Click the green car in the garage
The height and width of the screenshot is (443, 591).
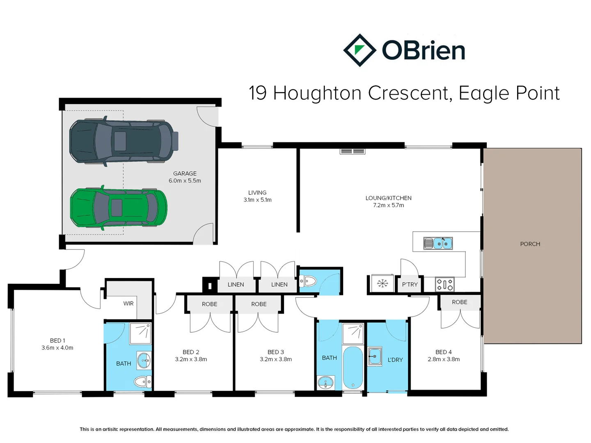point(118,208)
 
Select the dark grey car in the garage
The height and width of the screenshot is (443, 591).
point(123,142)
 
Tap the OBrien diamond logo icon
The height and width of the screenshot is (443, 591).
point(360,50)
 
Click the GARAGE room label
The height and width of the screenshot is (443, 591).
point(185,174)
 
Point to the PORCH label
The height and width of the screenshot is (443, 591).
point(530,244)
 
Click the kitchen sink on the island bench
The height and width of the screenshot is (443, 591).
point(438,243)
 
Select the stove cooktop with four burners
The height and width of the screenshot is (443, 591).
point(444,284)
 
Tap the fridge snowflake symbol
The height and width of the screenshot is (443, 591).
point(383,283)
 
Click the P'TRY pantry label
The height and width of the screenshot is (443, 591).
point(410,284)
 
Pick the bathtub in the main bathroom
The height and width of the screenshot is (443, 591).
point(353,368)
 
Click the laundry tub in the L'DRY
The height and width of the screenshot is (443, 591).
point(375,356)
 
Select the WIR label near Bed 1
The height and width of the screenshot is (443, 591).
point(128,304)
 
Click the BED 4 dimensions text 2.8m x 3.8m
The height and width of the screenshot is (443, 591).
point(444,359)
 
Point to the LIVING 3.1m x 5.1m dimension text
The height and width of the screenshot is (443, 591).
point(257,200)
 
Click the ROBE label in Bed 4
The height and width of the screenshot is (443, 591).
point(459,302)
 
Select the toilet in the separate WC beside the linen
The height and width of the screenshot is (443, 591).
point(308,281)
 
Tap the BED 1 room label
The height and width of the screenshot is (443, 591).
point(57,340)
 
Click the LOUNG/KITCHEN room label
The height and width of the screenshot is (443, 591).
point(388,198)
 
